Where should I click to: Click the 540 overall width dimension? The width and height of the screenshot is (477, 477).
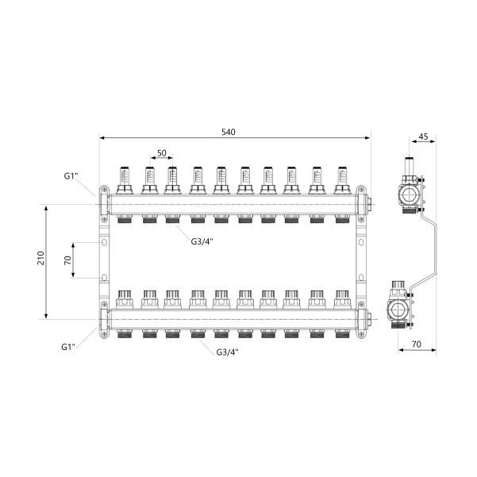pos(228,132)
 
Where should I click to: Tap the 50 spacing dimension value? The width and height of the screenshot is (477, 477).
pos(162,153)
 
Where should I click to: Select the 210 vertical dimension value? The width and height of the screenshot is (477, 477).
pos(40,258)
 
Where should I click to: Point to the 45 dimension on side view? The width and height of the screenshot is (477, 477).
pos(423,137)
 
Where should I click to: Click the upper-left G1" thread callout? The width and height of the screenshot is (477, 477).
pos(71,176)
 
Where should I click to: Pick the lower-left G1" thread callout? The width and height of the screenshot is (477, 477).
pos(68,347)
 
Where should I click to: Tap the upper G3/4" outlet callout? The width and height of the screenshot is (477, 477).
pos(202,241)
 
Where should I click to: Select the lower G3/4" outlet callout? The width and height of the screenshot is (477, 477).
pos(227,352)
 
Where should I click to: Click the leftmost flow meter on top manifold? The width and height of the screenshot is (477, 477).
pos(125,180)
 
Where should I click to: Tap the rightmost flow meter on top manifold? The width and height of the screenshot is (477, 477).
pos(342,180)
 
